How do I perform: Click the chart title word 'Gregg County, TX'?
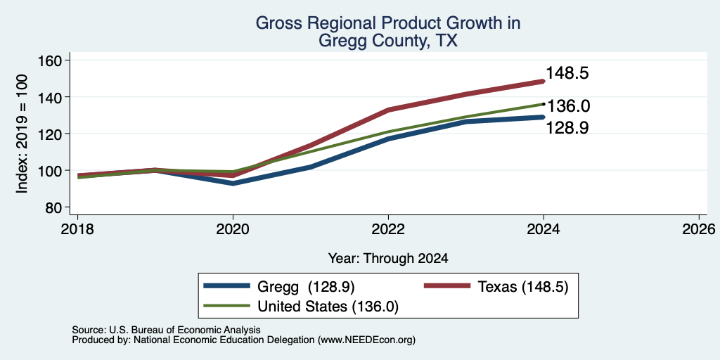[387, 41]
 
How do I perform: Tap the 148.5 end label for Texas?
[567, 73]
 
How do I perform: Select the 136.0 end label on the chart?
[568, 106]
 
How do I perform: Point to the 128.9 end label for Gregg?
[567, 128]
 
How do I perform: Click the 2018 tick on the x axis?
[77, 229]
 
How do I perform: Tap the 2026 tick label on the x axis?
[699, 229]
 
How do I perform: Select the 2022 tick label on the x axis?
[388, 229]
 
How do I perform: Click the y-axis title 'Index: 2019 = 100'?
[22, 134]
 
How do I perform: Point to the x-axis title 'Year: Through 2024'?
[388, 259]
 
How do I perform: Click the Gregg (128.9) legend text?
[306, 287]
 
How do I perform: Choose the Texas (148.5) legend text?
[523, 287]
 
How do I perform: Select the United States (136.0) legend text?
[328, 307]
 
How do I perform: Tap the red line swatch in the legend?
[447, 286]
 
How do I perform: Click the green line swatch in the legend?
[227, 305]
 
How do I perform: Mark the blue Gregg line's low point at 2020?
[233, 184]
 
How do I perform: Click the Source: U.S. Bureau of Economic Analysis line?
[166, 330]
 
